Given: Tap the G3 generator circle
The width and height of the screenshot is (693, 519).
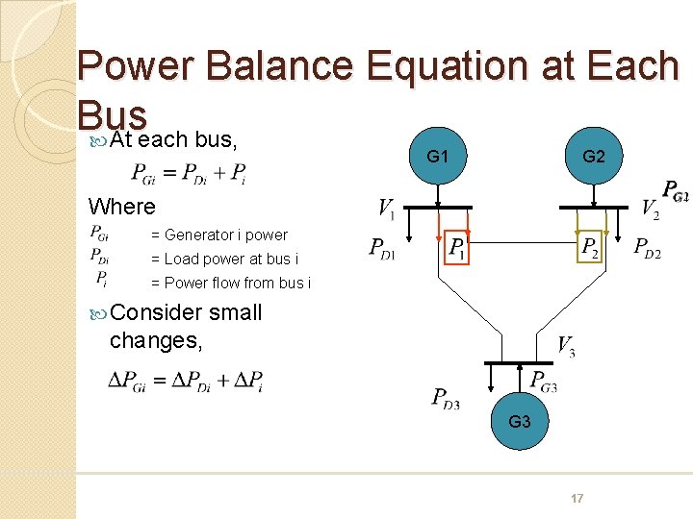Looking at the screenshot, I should [520, 422].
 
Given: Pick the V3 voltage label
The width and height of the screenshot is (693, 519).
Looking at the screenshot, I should [566, 347].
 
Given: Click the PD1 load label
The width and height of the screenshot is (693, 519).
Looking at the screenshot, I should [382, 248].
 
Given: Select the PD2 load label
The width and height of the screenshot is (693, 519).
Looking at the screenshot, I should [647, 248].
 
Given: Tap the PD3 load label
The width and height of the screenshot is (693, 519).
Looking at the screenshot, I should [446, 397].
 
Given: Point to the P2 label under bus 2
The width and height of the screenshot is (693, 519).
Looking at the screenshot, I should [590, 248].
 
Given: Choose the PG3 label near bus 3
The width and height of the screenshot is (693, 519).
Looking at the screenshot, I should [544, 382].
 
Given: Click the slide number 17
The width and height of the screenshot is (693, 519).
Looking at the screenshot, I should [577, 498].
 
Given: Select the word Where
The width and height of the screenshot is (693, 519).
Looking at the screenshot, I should [121, 207].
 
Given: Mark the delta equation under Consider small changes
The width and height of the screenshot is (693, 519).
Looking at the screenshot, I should [185, 381].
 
